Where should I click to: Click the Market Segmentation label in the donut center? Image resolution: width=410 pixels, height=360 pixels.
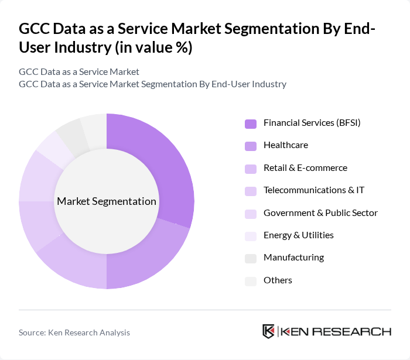point(107,201)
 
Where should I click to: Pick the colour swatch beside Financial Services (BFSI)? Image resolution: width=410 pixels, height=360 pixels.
point(251,124)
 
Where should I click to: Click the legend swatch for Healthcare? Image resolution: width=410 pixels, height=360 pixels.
point(251,146)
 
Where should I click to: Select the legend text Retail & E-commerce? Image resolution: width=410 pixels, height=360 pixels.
point(305,168)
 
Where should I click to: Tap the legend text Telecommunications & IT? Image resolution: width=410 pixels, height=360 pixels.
point(314,190)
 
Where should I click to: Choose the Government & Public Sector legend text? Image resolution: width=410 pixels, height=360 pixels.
point(320,212)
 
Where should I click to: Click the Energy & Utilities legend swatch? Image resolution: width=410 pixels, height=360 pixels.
point(251,236)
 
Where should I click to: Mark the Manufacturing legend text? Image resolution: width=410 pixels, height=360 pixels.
point(293,258)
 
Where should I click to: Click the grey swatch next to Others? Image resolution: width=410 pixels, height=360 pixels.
point(251,281)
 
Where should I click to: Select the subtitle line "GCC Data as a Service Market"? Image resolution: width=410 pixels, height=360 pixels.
point(79,72)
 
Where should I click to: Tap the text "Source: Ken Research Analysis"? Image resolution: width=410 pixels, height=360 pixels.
point(74,332)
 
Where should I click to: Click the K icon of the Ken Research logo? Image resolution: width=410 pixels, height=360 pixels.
point(269,331)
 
